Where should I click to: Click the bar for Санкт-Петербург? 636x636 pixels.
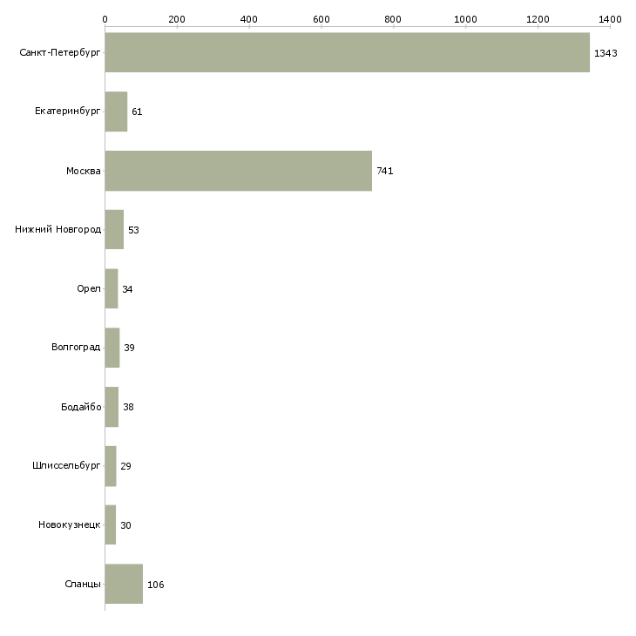coord(347,52)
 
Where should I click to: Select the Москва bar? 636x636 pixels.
coord(238,171)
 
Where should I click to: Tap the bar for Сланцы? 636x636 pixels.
coord(124,584)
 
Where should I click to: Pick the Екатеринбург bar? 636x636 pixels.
coord(116,112)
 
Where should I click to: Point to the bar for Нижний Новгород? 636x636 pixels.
coord(114,230)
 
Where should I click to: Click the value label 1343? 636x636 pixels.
coord(606,53)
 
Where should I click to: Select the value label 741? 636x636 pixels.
coord(384,172)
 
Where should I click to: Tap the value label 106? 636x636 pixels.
coord(155,585)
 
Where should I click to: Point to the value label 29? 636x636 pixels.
coord(125,466)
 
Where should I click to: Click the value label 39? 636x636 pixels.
coord(129,348)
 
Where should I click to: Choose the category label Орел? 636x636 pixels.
coord(88,289)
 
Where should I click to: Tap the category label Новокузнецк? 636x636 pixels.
coord(70,525)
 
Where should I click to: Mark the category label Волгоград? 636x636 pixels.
coord(76,348)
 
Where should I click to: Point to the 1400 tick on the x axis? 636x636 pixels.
coord(609,18)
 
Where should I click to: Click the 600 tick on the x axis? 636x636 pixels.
coord(321,18)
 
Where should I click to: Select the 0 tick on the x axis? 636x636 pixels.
coord(105,18)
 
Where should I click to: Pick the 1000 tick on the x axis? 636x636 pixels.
coord(465,18)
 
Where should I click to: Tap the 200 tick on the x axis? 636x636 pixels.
coord(177,18)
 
